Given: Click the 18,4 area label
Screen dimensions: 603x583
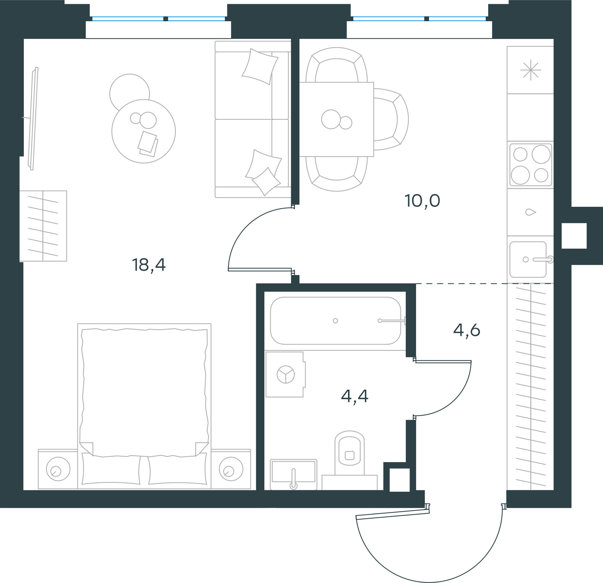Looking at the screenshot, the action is coord(149,265).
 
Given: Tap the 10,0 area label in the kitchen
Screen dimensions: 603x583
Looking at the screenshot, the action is coord(422,201).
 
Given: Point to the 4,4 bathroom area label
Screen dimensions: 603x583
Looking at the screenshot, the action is coord(354,397).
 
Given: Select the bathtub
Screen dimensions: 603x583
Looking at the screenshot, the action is coord(335,321).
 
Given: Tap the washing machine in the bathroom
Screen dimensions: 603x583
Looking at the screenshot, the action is coord(286,374).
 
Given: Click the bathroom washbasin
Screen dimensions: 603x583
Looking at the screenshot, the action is coord(294,474).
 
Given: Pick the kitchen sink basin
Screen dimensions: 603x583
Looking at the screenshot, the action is coord(528,260).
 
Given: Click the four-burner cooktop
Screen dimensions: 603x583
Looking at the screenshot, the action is coord(531,165).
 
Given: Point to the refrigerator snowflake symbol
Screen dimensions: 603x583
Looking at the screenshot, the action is coord(531,70).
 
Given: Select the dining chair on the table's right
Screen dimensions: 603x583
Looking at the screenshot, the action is coord(391,119).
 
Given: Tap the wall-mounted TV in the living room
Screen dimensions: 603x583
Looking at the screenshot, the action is coord(33,118).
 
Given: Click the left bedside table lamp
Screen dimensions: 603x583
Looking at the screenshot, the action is coord(58,469).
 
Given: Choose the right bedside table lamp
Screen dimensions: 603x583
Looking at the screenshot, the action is coord(231,469).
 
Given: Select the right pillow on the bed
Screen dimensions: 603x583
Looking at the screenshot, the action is coord(177,470).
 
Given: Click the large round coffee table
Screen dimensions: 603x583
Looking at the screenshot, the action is coord(144,131).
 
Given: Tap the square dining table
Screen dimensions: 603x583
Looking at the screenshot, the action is coord(337,119).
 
